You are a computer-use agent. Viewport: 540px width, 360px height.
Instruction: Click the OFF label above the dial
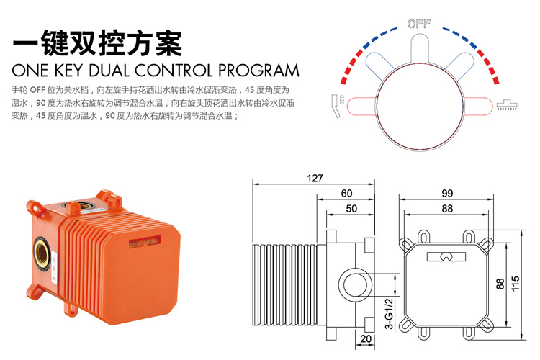click(x=419, y=24)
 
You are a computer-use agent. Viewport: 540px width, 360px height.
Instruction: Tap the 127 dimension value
click(x=315, y=178)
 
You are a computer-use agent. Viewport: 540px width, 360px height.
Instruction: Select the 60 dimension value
click(x=346, y=193)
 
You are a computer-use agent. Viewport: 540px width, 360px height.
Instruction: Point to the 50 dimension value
click(x=351, y=208)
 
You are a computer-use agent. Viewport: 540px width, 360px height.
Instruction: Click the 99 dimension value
click(x=447, y=193)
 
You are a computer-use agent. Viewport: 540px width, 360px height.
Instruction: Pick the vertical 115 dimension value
click(x=516, y=283)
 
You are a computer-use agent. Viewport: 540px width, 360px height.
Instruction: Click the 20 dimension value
click(x=366, y=338)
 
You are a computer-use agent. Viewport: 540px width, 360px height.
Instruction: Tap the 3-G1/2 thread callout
click(x=389, y=314)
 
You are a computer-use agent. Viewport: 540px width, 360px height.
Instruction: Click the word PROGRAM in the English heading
click(x=258, y=71)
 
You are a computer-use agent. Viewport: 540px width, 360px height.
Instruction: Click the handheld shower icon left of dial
click(x=337, y=105)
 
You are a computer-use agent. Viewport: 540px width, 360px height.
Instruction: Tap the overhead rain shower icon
click(x=507, y=105)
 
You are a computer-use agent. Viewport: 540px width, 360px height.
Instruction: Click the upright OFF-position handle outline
click(x=420, y=48)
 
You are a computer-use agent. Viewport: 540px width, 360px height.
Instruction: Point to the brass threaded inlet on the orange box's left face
click(x=42, y=254)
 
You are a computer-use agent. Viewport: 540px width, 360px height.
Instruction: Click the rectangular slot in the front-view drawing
click(x=446, y=256)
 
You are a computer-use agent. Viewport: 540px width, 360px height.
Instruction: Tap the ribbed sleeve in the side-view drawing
click(x=286, y=284)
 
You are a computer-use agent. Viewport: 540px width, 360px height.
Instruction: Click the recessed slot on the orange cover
click(x=145, y=241)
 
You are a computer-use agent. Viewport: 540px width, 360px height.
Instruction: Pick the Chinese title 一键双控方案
click(x=96, y=43)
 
